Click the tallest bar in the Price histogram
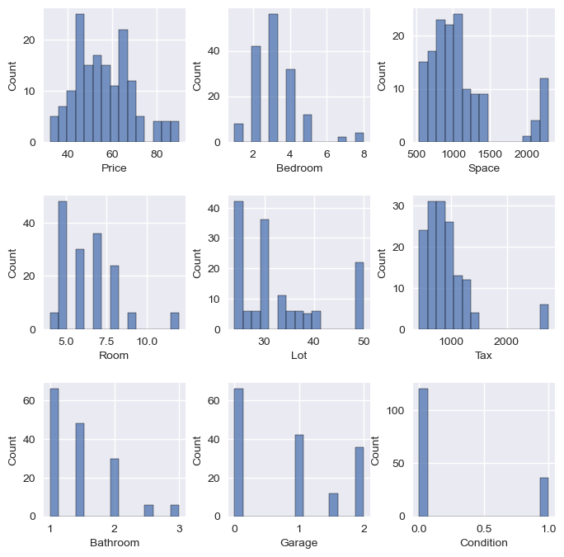pos(80,78)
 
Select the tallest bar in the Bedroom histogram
pos(273,78)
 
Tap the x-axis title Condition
pos(484,543)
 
